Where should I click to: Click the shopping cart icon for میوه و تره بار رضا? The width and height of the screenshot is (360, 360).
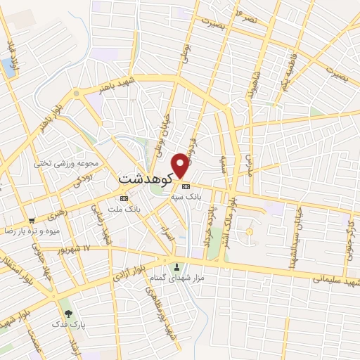[30, 220]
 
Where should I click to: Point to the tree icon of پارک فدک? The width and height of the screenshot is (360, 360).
[68, 314]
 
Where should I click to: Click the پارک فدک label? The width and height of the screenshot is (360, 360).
[68, 326]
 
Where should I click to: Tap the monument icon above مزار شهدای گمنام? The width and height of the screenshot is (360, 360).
[176, 266]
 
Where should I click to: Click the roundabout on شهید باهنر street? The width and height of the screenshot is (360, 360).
[76, 93]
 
